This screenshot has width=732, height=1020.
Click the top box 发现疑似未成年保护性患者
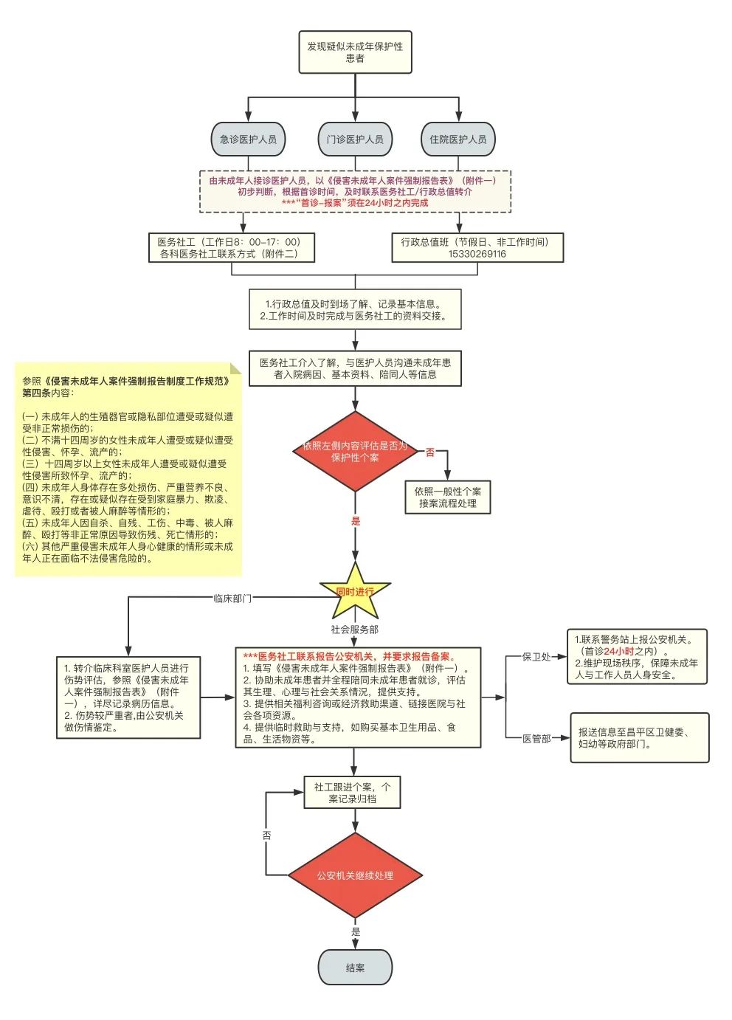(355, 52)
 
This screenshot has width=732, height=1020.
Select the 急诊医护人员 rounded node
(248, 139)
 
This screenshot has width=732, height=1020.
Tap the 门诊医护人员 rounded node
(355, 139)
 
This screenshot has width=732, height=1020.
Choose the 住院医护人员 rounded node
(458, 139)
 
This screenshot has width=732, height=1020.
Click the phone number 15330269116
(477, 254)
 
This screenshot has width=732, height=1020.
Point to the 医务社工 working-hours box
(232, 248)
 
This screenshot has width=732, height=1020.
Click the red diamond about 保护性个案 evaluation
(355, 452)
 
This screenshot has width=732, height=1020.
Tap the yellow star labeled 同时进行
(355, 591)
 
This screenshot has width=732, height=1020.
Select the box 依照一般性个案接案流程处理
(448, 497)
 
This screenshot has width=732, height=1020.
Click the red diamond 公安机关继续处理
(355, 876)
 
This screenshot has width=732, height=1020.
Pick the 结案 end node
(355, 968)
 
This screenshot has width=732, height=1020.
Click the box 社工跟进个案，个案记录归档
(352, 793)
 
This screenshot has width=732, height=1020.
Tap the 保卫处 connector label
(536, 657)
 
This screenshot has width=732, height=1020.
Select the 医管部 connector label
(536, 738)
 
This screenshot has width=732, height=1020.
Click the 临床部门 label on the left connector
(232, 599)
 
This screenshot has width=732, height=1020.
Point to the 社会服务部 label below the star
(354, 630)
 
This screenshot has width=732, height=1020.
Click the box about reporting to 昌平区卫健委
(639, 738)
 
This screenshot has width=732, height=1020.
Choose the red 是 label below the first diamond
(356, 521)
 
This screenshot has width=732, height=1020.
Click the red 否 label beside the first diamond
(430, 452)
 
